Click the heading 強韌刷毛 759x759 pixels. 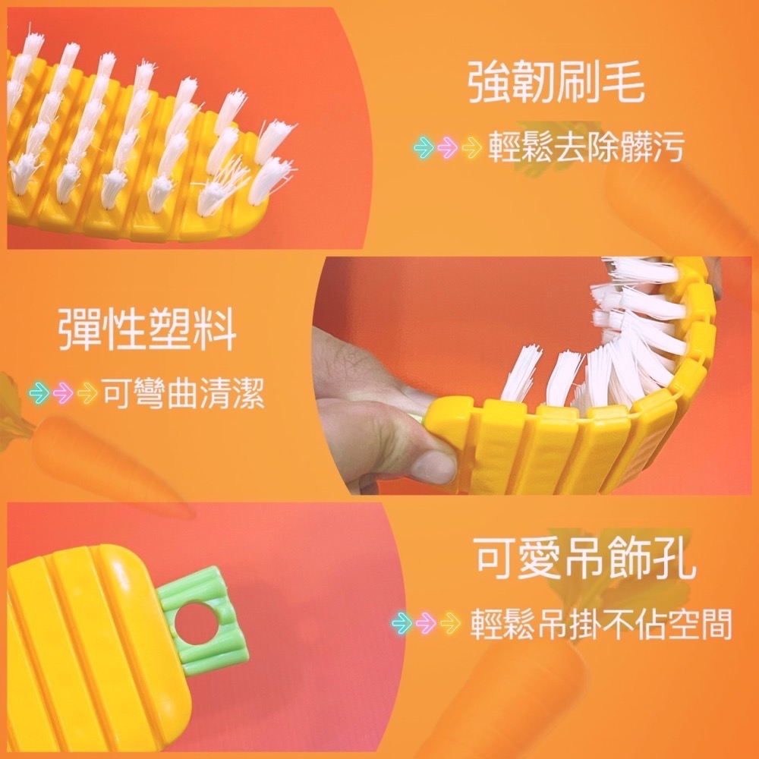point(556,85)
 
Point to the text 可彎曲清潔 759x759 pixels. point(184,392)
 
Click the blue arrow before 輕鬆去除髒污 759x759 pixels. point(423,147)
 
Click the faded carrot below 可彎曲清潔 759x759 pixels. point(91,459)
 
